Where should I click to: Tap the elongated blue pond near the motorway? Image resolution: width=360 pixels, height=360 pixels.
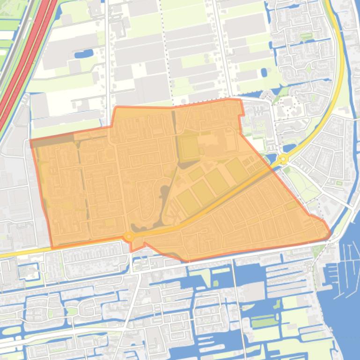pos(83,55)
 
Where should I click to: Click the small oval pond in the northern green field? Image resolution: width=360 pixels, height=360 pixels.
pos(264,72)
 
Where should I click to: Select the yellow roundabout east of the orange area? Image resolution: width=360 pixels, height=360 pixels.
pos(283,159)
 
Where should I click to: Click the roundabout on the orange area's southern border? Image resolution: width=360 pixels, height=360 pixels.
pos(128,237)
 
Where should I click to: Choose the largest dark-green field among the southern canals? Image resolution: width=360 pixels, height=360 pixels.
pos(264,322)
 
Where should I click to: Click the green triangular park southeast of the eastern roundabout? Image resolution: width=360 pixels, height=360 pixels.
pos(300,180)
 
